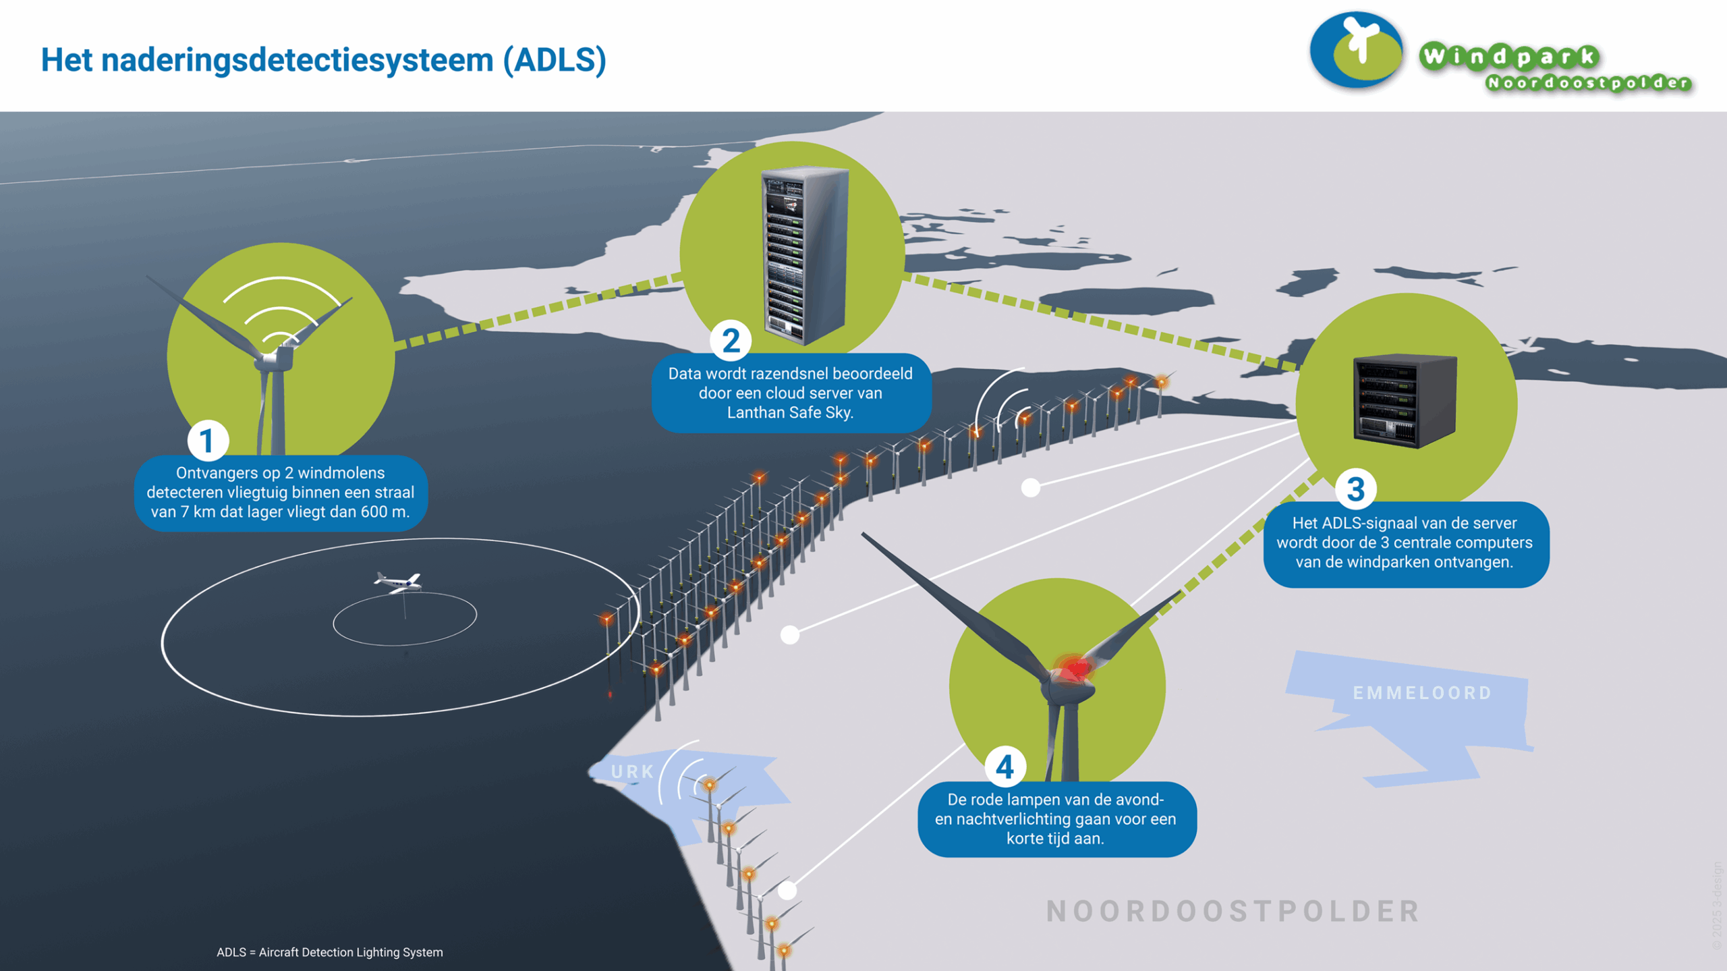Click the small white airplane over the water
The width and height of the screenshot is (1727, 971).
(x=399, y=582)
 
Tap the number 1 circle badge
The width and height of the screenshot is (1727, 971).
(x=208, y=441)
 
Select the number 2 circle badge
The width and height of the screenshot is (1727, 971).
(x=731, y=341)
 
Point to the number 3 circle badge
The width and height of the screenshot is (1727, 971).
(x=1355, y=489)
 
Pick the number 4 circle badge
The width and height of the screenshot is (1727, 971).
(x=1005, y=767)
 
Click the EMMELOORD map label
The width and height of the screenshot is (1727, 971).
(x=1422, y=693)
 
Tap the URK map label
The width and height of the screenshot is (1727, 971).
(x=632, y=771)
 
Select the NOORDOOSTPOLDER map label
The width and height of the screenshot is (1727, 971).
(x=1233, y=911)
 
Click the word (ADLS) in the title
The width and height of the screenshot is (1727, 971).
(x=555, y=60)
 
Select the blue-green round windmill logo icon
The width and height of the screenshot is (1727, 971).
(x=1356, y=51)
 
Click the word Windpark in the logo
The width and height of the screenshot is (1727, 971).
(x=1508, y=57)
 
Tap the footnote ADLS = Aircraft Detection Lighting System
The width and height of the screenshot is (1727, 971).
(x=329, y=952)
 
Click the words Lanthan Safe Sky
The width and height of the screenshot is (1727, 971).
(x=790, y=412)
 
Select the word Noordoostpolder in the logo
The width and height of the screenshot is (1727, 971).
(x=1589, y=84)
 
